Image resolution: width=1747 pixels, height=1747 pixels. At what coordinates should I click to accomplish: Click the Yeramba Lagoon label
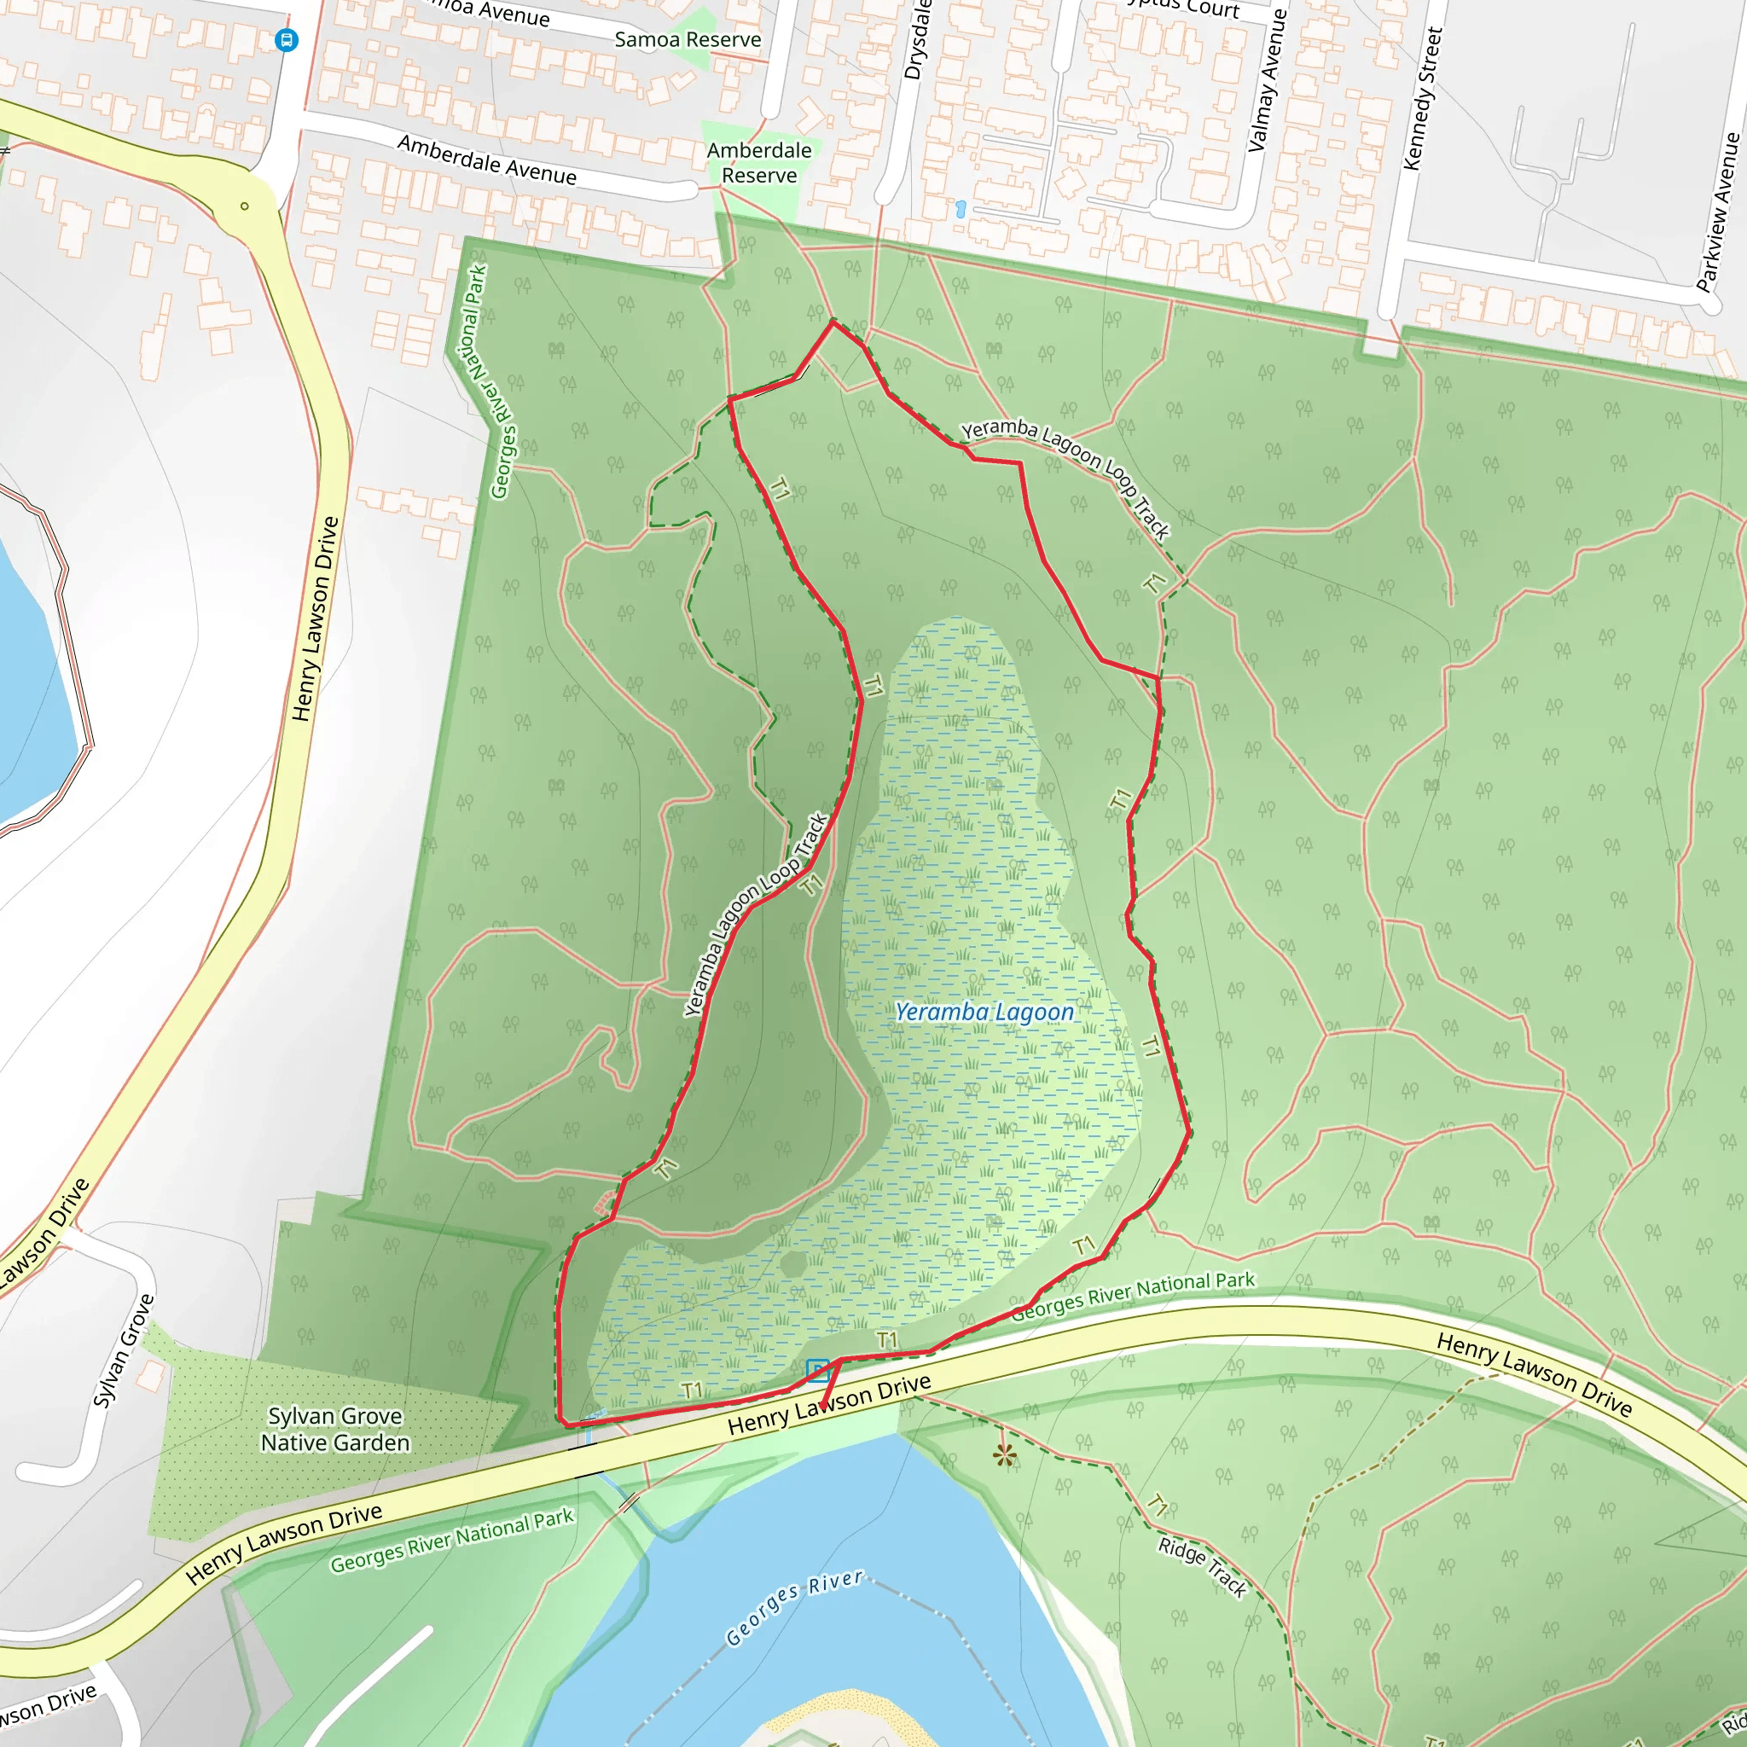click(984, 1012)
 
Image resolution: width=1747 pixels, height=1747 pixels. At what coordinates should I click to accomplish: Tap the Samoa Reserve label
click(688, 40)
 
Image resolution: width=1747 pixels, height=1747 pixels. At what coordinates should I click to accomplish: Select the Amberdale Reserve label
click(758, 163)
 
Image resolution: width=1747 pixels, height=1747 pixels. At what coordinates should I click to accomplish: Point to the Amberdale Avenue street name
click(486, 160)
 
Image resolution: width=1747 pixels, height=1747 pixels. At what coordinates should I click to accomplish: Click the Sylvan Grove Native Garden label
click(334, 1430)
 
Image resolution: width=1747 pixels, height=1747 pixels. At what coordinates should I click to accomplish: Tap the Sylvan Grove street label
click(124, 1351)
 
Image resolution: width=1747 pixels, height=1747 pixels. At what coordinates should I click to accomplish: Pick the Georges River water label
click(794, 1609)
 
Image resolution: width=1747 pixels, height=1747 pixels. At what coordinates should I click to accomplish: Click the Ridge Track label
click(1202, 1568)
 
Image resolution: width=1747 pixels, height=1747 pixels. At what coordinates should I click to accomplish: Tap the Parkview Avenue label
click(1718, 212)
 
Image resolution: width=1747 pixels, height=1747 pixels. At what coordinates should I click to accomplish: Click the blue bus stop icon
click(287, 40)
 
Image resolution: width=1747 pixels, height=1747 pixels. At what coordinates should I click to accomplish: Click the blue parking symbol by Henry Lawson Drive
click(817, 1371)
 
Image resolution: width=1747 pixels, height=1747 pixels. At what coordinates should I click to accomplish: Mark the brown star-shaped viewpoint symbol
click(1005, 1455)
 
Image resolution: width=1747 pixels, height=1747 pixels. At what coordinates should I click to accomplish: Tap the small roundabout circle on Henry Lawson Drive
click(244, 206)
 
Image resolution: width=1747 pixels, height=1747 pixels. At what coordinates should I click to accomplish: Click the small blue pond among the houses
click(961, 209)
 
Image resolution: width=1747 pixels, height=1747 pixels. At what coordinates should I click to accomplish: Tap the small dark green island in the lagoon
click(793, 1263)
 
